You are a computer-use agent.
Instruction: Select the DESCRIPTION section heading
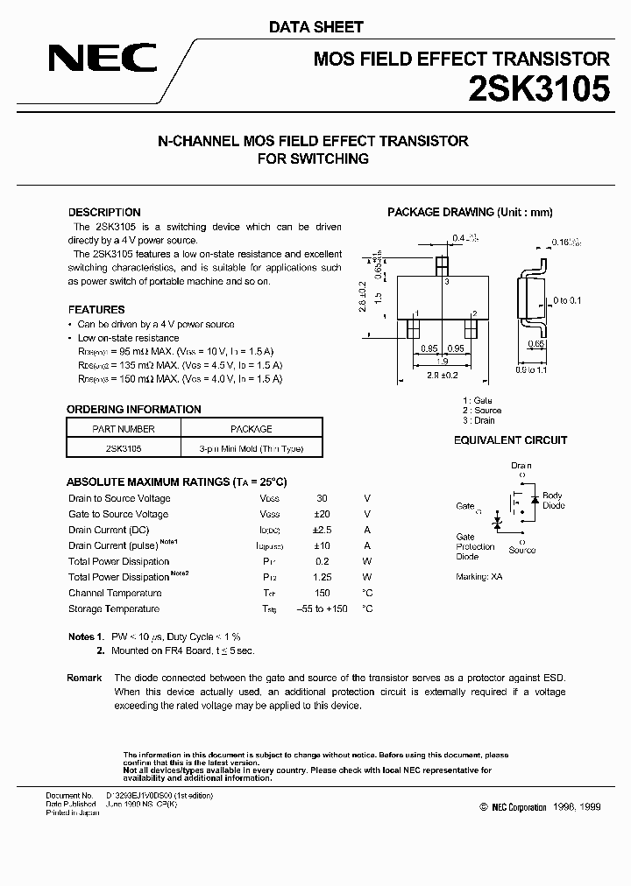[x=104, y=213]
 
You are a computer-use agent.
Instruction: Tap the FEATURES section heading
[x=96, y=310]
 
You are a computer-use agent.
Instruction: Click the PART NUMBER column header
[x=124, y=429]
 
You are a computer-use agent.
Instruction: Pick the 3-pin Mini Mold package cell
[x=251, y=448]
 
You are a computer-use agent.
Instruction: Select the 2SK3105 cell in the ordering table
[x=124, y=448]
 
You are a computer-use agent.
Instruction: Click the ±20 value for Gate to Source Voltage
[x=323, y=515]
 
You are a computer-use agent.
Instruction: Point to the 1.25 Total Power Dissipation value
[x=323, y=578]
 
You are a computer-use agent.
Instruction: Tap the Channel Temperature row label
[x=114, y=594]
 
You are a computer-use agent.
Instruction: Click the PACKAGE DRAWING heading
[x=470, y=213]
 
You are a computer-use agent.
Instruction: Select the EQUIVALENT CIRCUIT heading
[x=510, y=440]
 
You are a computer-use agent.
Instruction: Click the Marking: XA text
[x=479, y=578]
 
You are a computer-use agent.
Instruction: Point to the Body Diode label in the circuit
[x=553, y=501]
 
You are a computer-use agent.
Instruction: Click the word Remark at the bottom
[x=84, y=679]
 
